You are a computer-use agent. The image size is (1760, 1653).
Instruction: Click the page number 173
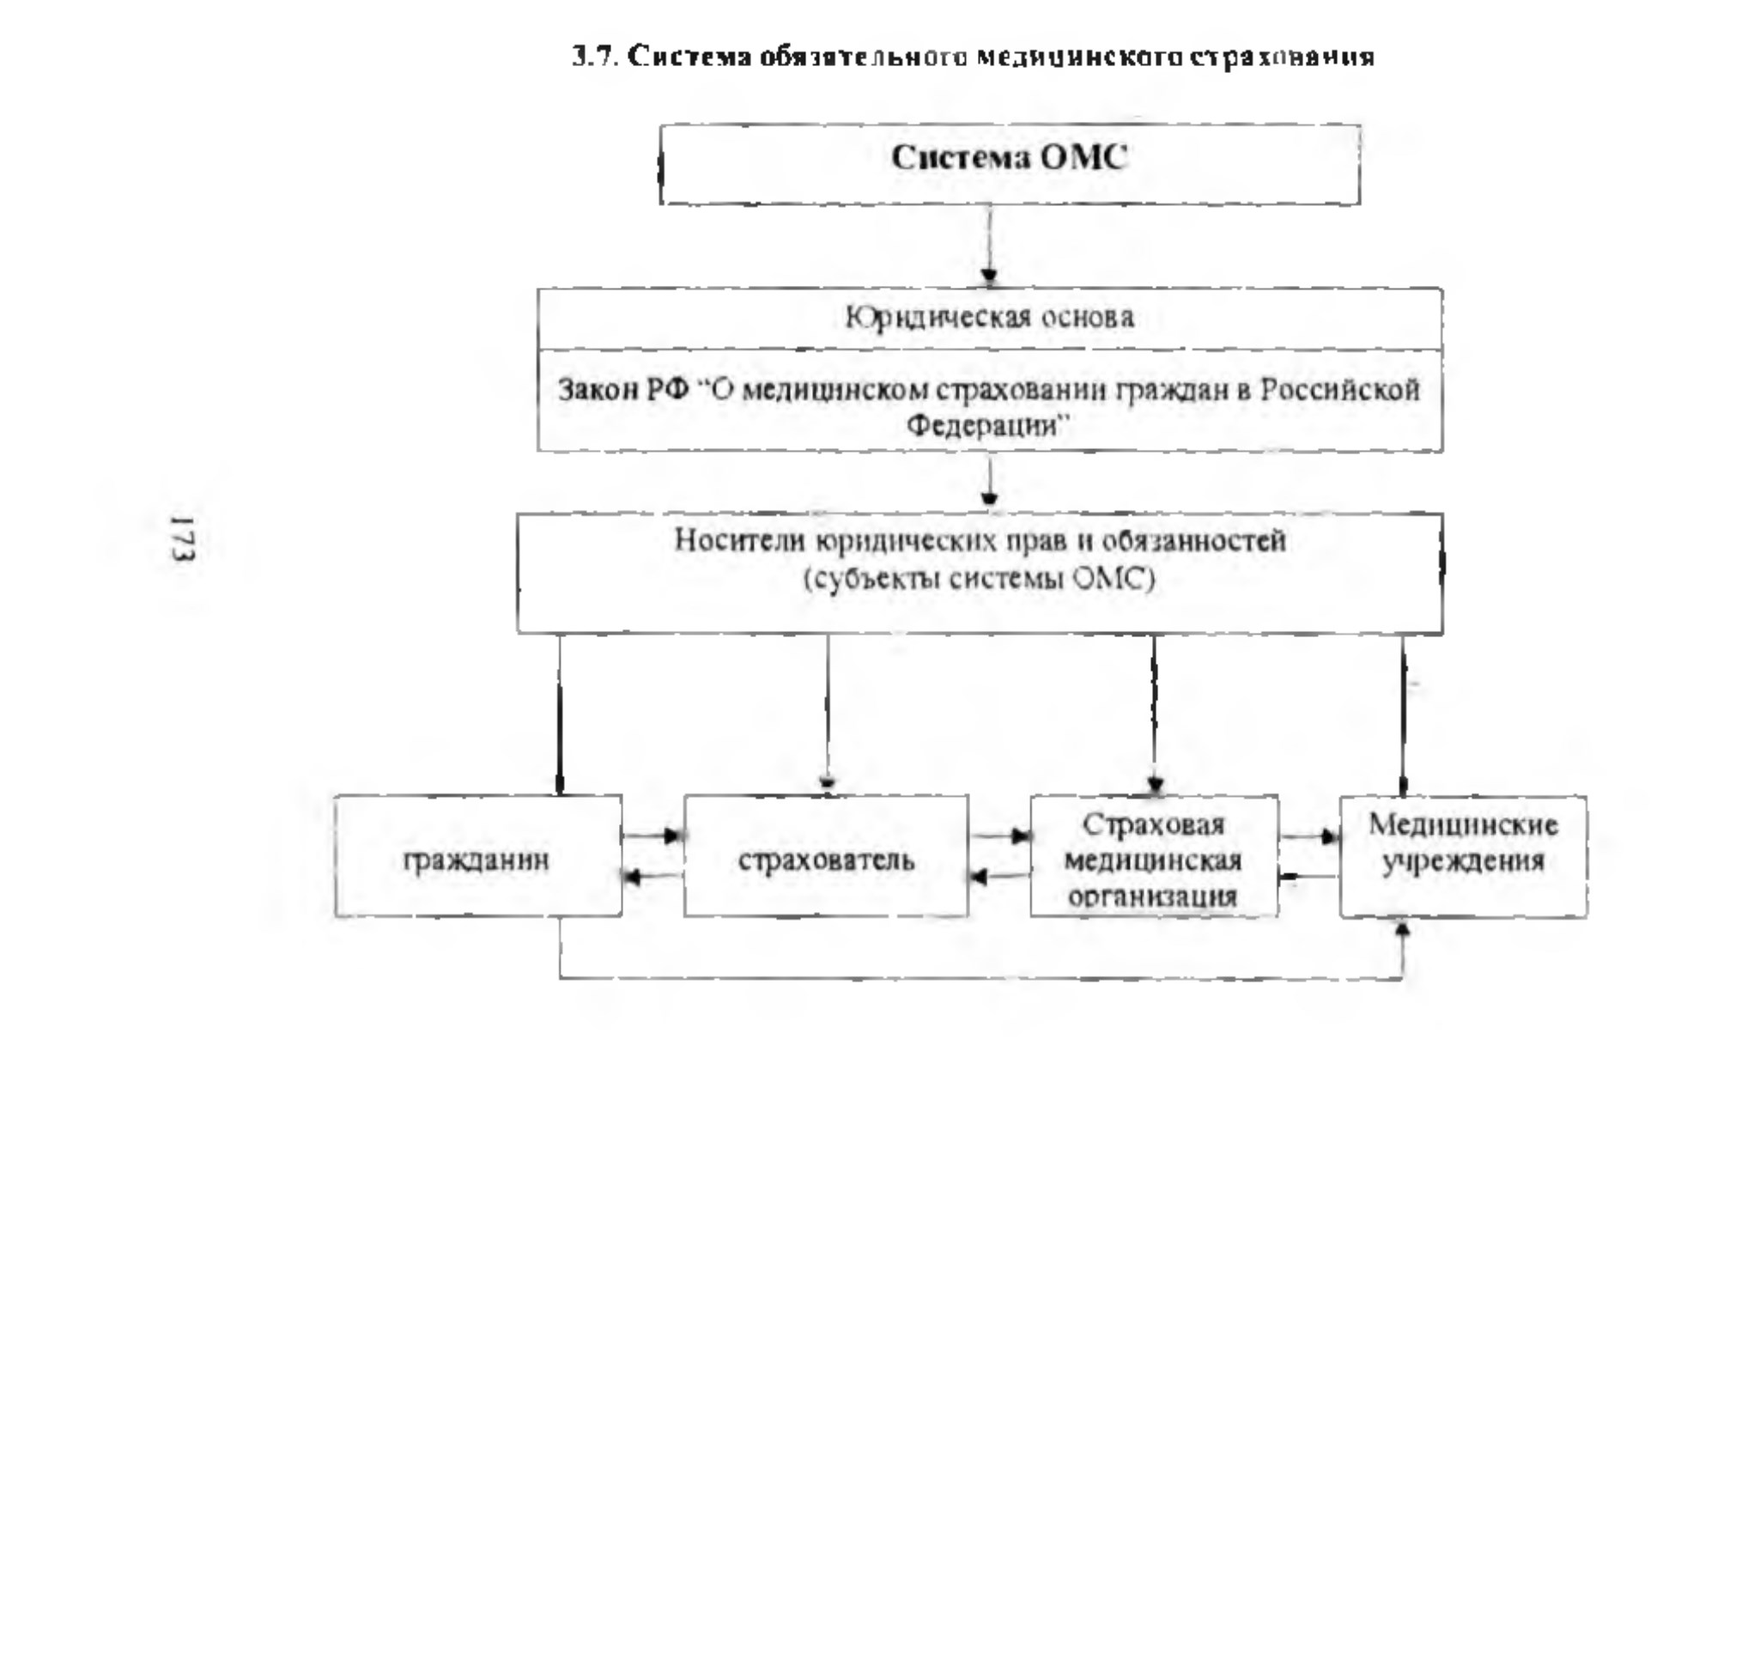[183, 538]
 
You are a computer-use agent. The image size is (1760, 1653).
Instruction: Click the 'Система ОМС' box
[1010, 165]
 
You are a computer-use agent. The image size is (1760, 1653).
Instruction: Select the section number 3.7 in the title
[594, 58]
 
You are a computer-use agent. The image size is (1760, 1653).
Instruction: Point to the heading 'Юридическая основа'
[989, 317]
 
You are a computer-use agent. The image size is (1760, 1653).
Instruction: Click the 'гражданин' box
[478, 856]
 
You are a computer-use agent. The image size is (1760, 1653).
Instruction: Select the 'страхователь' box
[826, 856]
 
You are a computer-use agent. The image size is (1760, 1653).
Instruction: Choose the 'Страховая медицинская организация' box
[1155, 856]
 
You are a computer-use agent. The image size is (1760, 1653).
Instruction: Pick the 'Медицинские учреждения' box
[1464, 856]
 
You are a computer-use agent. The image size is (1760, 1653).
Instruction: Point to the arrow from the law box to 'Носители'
[990, 482]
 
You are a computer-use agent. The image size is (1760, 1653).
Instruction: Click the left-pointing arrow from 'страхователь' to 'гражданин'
[653, 878]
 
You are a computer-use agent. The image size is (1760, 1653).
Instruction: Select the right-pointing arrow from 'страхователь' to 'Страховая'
[999, 836]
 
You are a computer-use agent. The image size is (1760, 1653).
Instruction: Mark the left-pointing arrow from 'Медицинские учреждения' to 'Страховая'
[1309, 878]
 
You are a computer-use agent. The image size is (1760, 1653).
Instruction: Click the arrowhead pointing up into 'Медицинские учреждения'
[1402, 927]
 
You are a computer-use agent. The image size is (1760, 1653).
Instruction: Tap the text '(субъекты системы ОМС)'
[979, 580]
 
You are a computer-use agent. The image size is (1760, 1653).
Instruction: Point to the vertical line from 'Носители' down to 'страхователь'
[828, 714]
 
